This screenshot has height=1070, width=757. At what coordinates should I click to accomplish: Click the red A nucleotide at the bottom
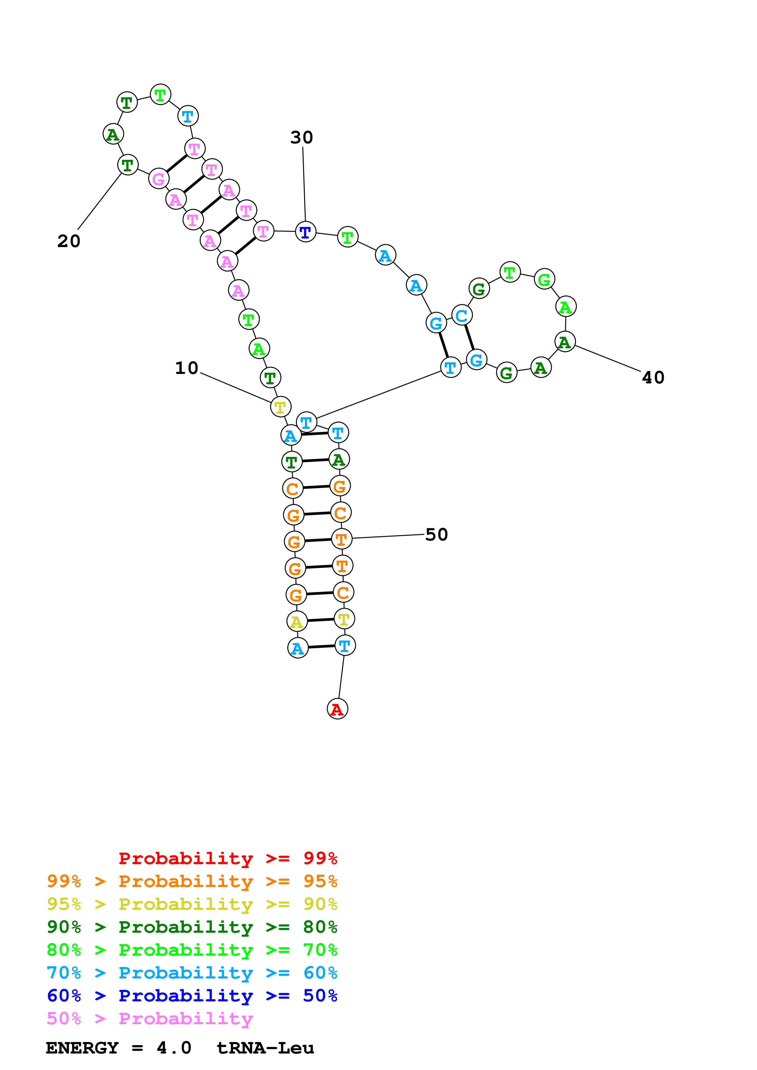click(337, 709)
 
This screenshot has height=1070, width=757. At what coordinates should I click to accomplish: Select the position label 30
click(301, 138)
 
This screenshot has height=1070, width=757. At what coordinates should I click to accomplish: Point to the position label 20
click(69, 241)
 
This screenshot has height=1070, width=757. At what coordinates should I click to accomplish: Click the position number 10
click(187, 368)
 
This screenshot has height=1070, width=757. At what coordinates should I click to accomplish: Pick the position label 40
click(653, 378)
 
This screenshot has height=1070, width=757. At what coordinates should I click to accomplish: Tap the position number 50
click(437, 534)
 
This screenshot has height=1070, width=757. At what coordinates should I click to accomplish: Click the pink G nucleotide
click(158, 178)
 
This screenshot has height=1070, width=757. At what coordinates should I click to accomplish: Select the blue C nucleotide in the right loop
click(462, 315)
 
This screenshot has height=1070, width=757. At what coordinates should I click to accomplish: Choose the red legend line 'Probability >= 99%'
click(227, 858)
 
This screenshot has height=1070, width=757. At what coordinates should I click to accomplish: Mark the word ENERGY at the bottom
click(82, 1048)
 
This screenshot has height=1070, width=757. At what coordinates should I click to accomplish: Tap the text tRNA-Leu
click(265, 1048)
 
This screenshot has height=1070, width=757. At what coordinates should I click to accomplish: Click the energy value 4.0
click(173, 1048)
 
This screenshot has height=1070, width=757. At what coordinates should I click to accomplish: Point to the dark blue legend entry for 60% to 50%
click(192, 996)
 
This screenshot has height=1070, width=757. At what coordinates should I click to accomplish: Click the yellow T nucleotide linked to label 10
click(280, 407)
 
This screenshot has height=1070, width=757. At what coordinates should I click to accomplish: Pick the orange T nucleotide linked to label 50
click(341, 539)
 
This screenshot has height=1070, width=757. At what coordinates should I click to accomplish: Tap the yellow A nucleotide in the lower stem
click(297, 621)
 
